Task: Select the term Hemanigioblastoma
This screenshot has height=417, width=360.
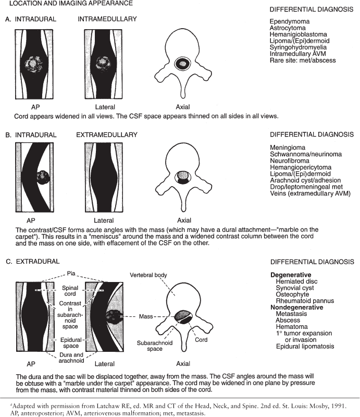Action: (x=299, y=34)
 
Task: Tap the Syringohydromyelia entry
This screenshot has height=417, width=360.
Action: (x=298, y=47)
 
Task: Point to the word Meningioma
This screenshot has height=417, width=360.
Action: (x=288, y=148)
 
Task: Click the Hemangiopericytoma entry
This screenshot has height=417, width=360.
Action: (x=301, y=167)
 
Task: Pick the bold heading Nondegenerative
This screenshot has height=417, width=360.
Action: (x=297, y=308)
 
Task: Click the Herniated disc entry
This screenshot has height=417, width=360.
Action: (x=297, y=281)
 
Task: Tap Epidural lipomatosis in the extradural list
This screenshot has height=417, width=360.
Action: (x=305, y=347)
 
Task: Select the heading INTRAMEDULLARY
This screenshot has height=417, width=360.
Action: (x=107, y=19)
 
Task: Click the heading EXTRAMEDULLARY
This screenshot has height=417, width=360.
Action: (x=107, y=135)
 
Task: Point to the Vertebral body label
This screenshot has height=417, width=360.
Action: (x=148, y=275)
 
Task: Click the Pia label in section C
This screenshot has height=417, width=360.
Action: (x=71, y=273)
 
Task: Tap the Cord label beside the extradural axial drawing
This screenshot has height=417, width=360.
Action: (x=201, y=340)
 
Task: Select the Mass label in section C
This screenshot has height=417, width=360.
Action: (x=146, y=316)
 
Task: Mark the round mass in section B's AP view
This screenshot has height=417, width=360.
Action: (x=43, y=177)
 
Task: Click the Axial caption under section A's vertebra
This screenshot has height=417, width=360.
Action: (x=183, y=107)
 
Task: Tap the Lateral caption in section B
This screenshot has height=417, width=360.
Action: (x=104, y=220)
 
